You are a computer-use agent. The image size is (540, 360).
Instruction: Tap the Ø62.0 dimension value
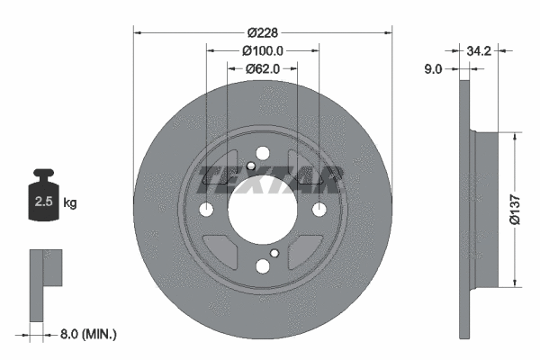[x=263, y=68]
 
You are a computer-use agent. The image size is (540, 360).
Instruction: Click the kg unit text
[x=70, y=203]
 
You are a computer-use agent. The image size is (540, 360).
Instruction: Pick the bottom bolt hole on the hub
[x=263, y=265]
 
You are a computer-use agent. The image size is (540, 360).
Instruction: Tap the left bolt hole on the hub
[x=206, y=210]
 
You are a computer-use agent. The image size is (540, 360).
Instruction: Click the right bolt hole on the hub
[x=319, y=210]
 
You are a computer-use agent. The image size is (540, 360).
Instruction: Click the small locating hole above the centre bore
[x=250, y=165]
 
